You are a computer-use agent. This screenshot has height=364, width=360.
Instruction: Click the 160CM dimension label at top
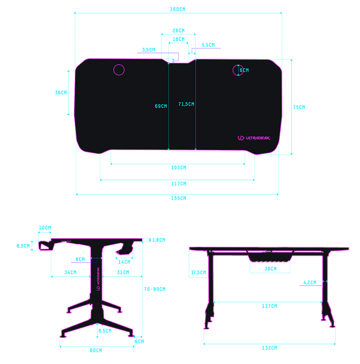click(x=178, y=9)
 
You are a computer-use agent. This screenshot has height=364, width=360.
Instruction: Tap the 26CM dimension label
click(x=178, y=31)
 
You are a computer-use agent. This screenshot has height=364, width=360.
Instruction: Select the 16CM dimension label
click(x=178, y=39)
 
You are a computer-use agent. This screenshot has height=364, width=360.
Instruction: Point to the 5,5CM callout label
click(x=208, y=45)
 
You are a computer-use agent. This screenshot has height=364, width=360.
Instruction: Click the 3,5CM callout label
click(x=149, y=50)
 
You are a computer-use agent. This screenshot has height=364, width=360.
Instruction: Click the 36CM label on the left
click(x=61, y=92)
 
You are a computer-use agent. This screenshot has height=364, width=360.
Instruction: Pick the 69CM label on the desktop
click(x=161, y=106)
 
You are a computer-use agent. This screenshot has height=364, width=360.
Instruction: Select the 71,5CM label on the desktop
click(x=186, y=104)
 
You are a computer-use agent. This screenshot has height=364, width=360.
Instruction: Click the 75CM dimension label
click(x=299, y=107)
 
